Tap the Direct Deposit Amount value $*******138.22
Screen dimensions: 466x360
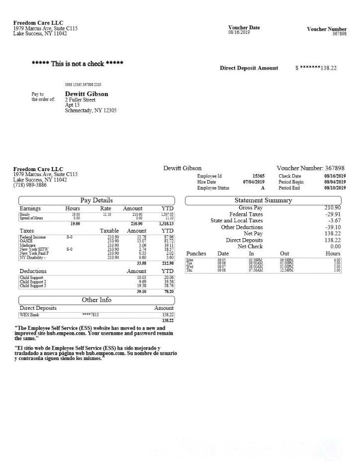tap(316, 68)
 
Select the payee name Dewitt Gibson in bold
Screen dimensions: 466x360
tap(87, 93)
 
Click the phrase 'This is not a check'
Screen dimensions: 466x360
tap(77, 64)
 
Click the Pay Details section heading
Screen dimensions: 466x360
tap(96, 200)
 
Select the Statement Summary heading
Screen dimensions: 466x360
tap(263, 200)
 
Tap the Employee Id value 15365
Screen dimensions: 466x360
tap(258, 176)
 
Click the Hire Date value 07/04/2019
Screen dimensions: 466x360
tap(254, 182)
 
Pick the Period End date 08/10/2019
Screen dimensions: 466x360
tap(335, 188)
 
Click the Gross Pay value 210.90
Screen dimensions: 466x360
tap(332, 207)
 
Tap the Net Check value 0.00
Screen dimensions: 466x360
tap(335, 246)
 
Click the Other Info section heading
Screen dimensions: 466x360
tap(96, 300)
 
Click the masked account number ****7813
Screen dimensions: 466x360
tap(90, 315)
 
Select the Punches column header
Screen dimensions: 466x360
tap(196, 254)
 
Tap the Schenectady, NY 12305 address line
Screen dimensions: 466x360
tap(90, 110)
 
